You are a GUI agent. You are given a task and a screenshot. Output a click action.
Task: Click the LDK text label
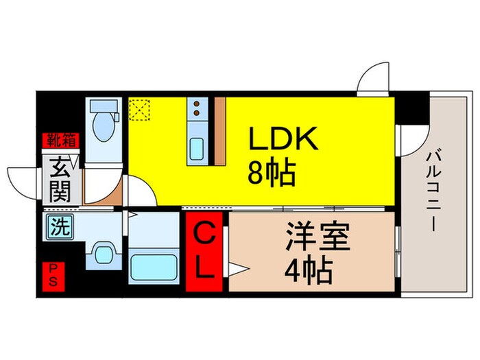tap(283, 141)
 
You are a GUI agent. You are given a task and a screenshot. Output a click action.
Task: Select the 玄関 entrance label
tap(61, 180)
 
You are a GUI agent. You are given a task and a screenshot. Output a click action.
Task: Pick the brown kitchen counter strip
tap(219, 130)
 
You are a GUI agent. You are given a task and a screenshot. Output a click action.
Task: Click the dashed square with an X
tap(140, 109)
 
